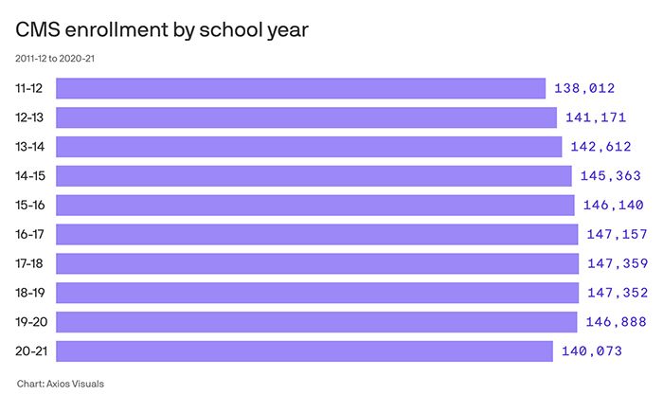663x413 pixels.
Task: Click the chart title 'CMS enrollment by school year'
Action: pos(162,29)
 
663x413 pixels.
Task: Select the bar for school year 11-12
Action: pos(300,88)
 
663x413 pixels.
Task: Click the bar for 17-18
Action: pos(317,263)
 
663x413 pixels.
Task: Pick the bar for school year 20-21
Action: pos(304,351)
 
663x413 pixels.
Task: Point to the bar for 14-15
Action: pos(314,176)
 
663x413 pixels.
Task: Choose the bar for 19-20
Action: pos(316,322)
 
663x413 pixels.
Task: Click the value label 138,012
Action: pos(584,89)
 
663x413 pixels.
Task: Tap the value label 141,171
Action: pos(596,118)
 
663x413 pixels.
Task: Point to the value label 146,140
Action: pos(613,206)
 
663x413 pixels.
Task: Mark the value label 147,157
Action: pos(617,235)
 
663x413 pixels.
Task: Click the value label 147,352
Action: pos(617,293)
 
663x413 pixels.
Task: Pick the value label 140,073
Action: pos(592,351)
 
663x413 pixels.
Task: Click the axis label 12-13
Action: pos(29,117)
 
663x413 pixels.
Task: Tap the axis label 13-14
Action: pos(29,147)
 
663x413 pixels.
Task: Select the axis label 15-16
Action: pos(29,206)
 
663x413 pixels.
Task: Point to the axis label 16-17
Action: pos(29,234)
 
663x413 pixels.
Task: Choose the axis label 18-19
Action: pos(29,293)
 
